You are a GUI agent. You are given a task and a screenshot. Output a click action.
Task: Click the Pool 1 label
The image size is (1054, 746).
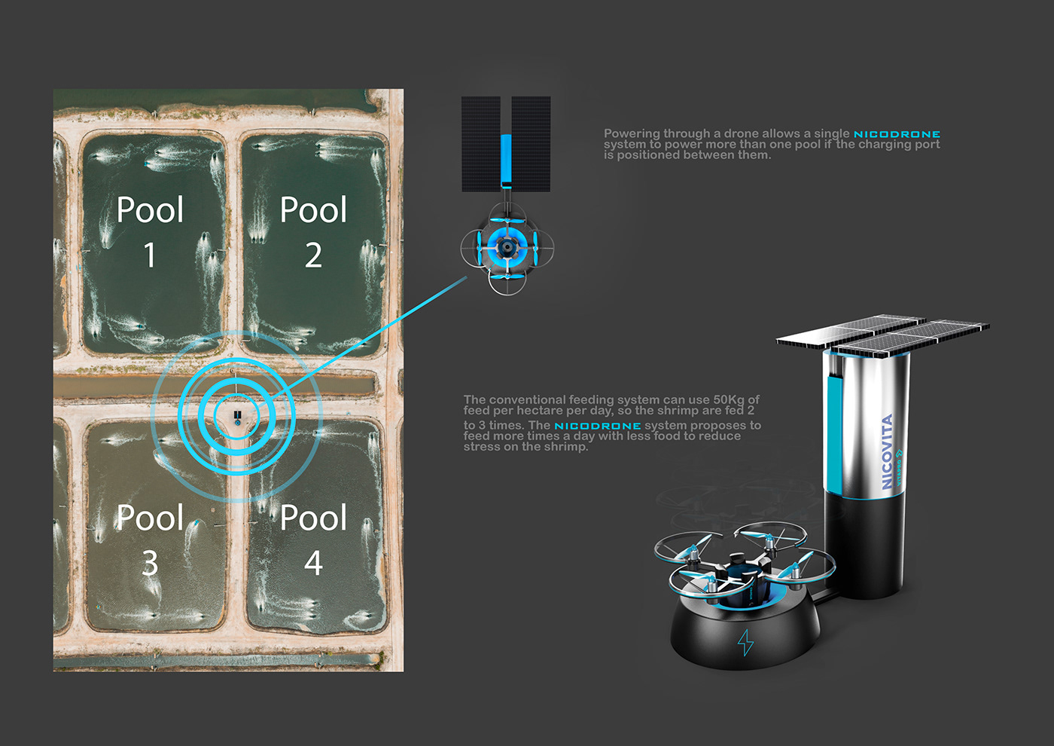pyautogui.click(x=150, y=231)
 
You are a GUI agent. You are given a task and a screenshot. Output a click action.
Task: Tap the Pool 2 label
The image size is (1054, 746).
pyautogui.click(x=313, y=231)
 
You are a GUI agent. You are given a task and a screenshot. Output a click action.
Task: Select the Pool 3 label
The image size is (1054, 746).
pyautogui.click(x=150, y=540)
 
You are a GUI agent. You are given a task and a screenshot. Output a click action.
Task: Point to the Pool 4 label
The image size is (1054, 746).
pyautogui.click(x=313, y=540)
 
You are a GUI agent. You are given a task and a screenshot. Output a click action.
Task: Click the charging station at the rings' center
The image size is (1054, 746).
pyautogui.click(x=237, y=416)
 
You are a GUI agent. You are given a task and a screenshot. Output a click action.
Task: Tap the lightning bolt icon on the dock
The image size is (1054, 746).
pyautogui.click(x=745, y=642)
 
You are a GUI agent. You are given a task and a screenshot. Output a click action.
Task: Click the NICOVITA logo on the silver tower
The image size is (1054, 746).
pyautogui.click(x=888, y=452)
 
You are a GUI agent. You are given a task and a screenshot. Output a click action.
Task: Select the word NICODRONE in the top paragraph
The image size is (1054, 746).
pyautogui.click(x=897, y=134)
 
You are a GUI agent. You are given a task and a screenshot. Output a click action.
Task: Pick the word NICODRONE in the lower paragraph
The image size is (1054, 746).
pyautogui.click(x=598, y=426)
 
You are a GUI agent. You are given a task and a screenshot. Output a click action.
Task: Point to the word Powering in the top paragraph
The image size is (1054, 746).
pyautogui.click(x=632, y=133)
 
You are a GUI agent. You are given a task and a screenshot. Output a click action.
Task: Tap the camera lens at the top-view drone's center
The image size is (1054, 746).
pyautogui.click(x=507, y=246)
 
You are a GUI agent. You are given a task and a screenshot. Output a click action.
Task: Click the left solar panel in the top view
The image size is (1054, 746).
pyautogui.click(x=480, y=143)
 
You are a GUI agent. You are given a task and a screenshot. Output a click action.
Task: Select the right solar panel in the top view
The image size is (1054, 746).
pyautogui.click(x=532, y=143)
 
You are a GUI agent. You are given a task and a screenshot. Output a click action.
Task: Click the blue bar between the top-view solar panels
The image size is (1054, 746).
pyautogui.click(x=506, y=160)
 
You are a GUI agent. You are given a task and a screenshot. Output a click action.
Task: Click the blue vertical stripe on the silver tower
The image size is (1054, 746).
pyautogui.click(x=834, y=430)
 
